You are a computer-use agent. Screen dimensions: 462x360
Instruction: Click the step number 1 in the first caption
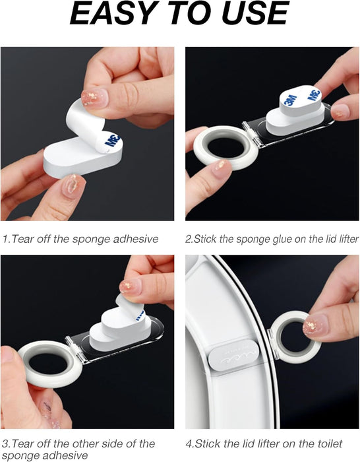click(5, 239)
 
